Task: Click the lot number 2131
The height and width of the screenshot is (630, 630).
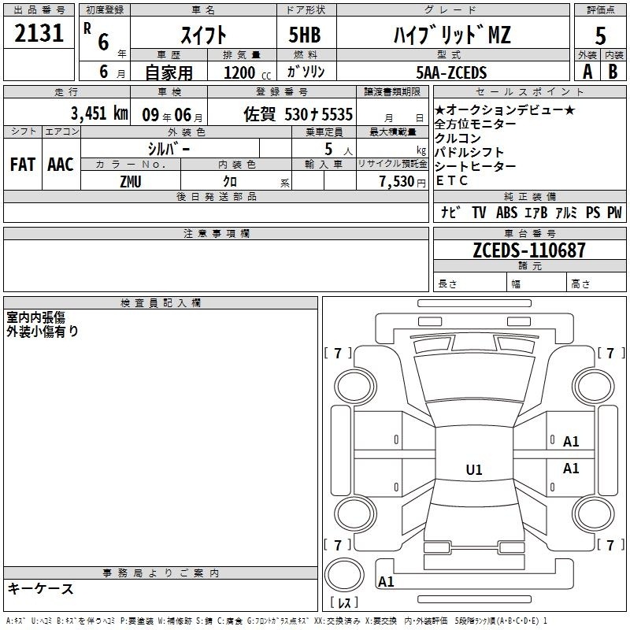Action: [39, 33]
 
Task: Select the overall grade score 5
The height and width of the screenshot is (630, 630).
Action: [600, 36]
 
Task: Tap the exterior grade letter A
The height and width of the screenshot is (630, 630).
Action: [587, 72]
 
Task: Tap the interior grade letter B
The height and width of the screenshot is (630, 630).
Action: [613, 72]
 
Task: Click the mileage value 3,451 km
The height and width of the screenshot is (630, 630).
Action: [99, 113]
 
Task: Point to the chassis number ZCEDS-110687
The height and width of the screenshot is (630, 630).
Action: [529, 250]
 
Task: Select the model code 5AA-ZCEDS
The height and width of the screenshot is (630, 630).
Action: [451, 72]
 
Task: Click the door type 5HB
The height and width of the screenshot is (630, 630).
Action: [305, 35]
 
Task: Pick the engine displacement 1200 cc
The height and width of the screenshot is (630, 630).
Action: [247, 72]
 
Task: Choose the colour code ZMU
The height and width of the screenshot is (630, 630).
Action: [131, 182]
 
